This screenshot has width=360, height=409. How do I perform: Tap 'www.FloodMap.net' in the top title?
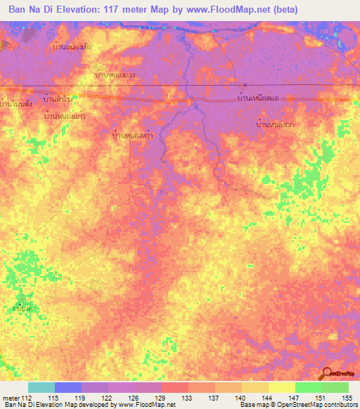click(226, 10)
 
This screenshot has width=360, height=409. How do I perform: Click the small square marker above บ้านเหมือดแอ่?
click(244, 86)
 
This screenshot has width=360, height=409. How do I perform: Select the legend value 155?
click(345, 398)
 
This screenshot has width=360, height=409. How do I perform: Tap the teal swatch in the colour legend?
click(41, 387)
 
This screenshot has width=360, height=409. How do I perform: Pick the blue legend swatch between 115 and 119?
click(68, 387)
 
